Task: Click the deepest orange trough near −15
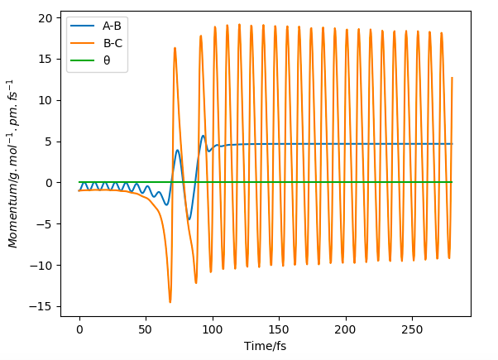(170, 302)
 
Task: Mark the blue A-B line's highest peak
(203, 136)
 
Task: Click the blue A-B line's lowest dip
(189, 219)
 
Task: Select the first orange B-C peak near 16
(175, 48)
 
